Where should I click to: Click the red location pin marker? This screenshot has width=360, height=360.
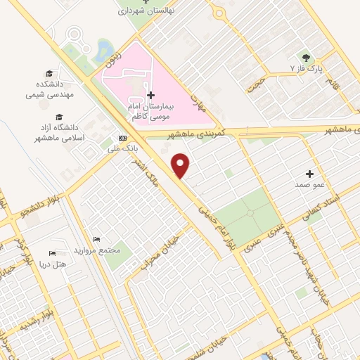point(181,165)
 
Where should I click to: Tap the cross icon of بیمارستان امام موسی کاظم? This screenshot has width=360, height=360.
point(150,95)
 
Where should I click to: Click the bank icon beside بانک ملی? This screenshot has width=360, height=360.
point(123,138)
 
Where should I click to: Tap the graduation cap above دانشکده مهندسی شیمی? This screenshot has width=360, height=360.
point(49,74)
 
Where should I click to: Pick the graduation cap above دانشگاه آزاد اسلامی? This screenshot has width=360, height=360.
point(59,117)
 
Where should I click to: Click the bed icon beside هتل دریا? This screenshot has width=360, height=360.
point(52,253)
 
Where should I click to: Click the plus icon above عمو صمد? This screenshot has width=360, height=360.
point(309,173)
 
